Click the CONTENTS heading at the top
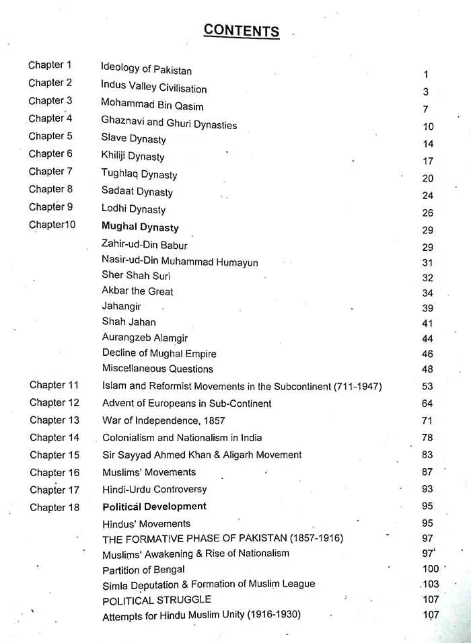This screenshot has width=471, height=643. [x=241, y=30]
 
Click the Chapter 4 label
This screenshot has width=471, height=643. [x=50, y=118]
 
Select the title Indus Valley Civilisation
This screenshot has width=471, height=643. [x=153, y=87]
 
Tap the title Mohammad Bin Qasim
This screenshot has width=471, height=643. [x=152, y=105]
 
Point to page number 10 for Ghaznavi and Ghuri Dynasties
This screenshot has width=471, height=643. [x=428, y=126]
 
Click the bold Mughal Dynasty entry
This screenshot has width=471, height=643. [x=140, y=227]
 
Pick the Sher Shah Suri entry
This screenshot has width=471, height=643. [x=136, y=275]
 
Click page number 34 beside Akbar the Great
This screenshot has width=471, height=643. [x=428, y=293]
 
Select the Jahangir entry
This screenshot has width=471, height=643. [x=121, y=306]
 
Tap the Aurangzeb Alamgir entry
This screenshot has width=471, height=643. [x=145, y=338]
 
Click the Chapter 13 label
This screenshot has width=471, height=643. [x=55, y=420]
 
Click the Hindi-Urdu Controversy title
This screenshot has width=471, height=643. [x=154, y=489]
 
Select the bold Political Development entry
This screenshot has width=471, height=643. [x=154, y=506]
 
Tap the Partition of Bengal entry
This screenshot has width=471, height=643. [x=143, y=570]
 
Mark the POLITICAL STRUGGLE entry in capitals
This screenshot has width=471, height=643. [x=157, y=599]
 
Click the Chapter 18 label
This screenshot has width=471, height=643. [x=55, y=507]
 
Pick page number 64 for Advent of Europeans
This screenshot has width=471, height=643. [x=427, y=404]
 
